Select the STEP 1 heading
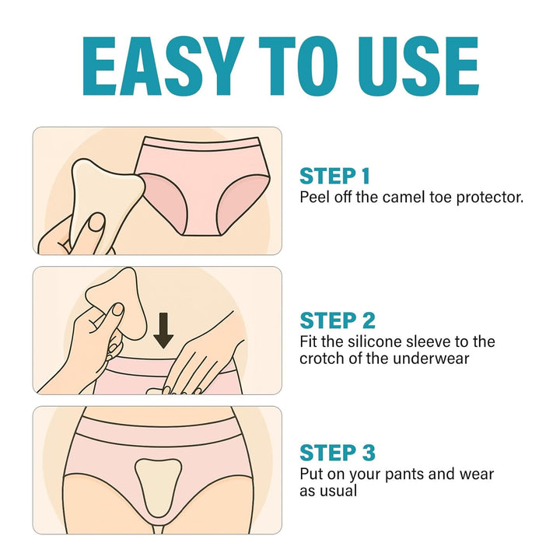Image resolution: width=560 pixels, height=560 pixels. tap(334, 176)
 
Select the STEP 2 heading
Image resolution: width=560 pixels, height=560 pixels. tap(338, 320)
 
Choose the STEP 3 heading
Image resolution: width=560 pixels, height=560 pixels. tap(338, 453)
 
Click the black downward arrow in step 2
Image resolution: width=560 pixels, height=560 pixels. tap(163, 330)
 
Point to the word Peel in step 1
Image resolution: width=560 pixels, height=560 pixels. tap(313, 197)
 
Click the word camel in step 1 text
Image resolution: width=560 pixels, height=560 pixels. tap(401, 197)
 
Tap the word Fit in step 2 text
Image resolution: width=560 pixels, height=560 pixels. tap(310, 341)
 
